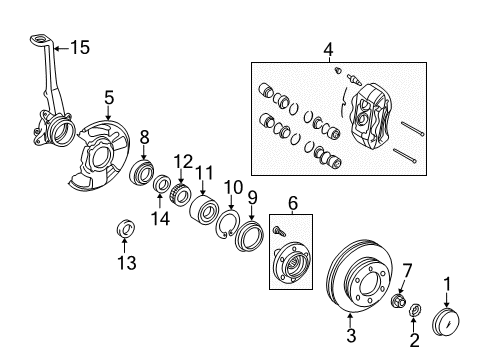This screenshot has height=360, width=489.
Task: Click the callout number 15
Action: [80, 46]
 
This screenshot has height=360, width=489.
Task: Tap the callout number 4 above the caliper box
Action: [327, 47]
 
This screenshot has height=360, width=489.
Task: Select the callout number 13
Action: [125, 263]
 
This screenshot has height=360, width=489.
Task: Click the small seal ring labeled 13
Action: [125, 228]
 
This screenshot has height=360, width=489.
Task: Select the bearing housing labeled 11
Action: [206, 211]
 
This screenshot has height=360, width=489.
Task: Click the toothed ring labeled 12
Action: [182, 190]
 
